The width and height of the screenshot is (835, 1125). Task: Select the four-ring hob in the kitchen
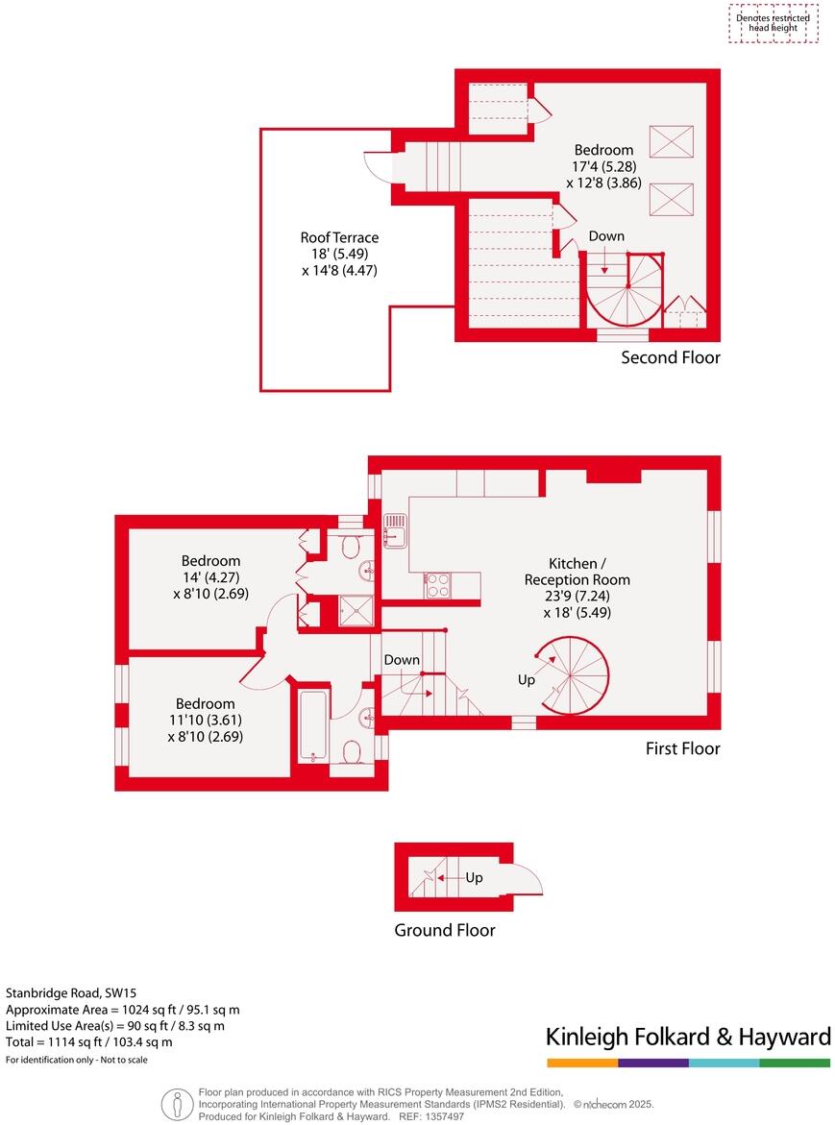437,585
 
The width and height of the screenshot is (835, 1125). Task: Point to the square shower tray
355,610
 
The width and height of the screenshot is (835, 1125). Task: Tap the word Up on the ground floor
474,877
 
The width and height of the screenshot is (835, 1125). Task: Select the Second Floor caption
670,357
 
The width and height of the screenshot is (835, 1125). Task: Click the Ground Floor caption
445,930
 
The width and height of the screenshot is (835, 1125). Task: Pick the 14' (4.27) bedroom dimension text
211,577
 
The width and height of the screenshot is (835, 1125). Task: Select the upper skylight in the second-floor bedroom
670,142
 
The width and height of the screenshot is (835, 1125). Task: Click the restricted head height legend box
773,23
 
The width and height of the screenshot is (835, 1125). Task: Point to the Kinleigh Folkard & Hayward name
688,1037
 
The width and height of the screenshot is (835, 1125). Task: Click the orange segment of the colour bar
582,1063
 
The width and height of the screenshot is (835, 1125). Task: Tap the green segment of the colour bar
795,1063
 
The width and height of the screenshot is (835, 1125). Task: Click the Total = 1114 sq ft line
89,1041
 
